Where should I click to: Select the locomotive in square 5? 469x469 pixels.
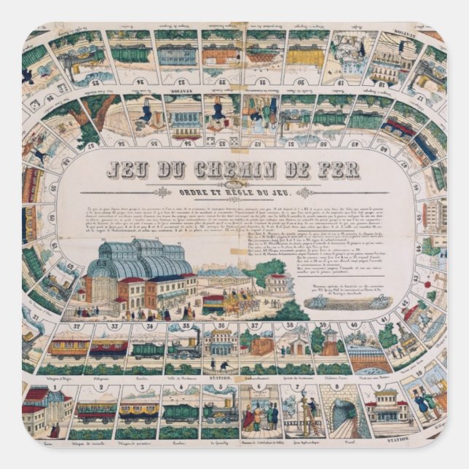(219, 414)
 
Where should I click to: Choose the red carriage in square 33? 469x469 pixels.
(108, 348)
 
